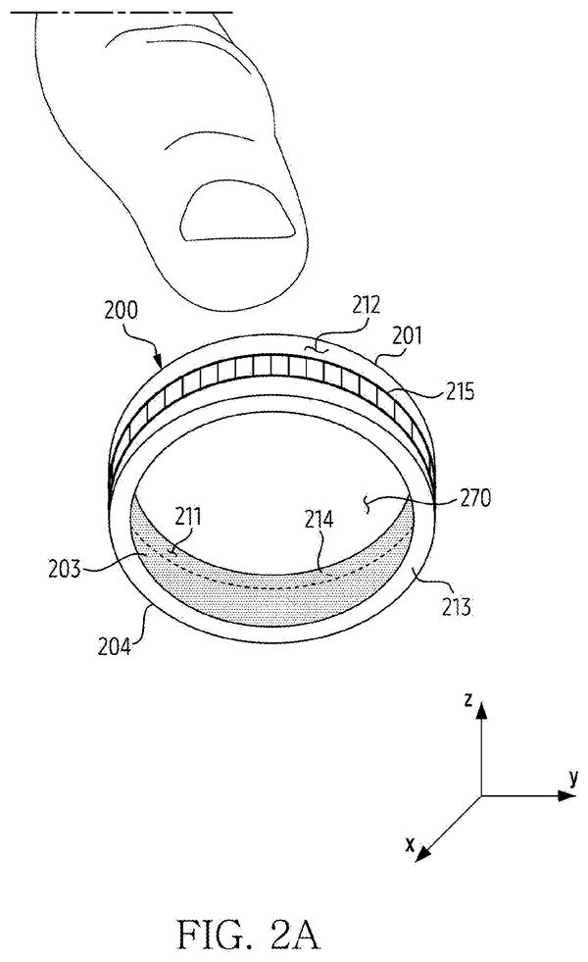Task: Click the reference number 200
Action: (x=121, y=311)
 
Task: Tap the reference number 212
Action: (x=367, y=305)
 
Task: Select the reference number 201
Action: (x=407, y=335)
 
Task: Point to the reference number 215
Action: (x=460, y=391)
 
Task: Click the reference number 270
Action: (x=476, y=497)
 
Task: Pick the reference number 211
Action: (x=187, y=517)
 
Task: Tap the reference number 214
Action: (x=319, y=520)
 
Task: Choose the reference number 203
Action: (x=65, y=570)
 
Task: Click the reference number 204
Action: (x=114, y=646)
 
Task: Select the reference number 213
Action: (x=456, y=607)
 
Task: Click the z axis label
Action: (x=467, y=699)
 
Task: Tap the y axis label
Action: (x=573, y=778)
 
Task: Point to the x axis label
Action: (x=411, y=844)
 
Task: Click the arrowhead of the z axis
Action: (x=481, y=709)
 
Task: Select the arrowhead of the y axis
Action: (x=567, y=795)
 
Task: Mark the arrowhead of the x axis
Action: (x=423, y=854)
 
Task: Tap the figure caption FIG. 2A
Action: (x=248, y=935)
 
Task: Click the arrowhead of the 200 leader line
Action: (x=160, y=362)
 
